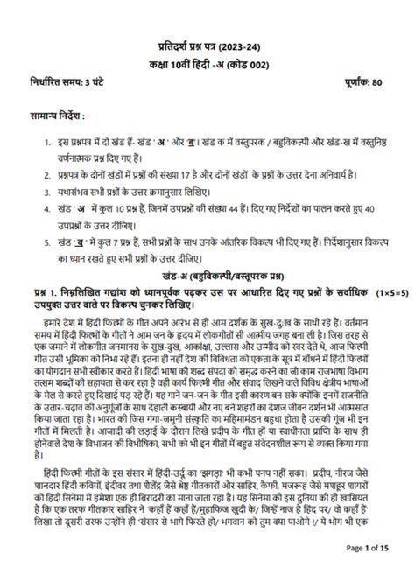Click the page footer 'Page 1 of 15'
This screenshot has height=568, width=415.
(371, 548)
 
